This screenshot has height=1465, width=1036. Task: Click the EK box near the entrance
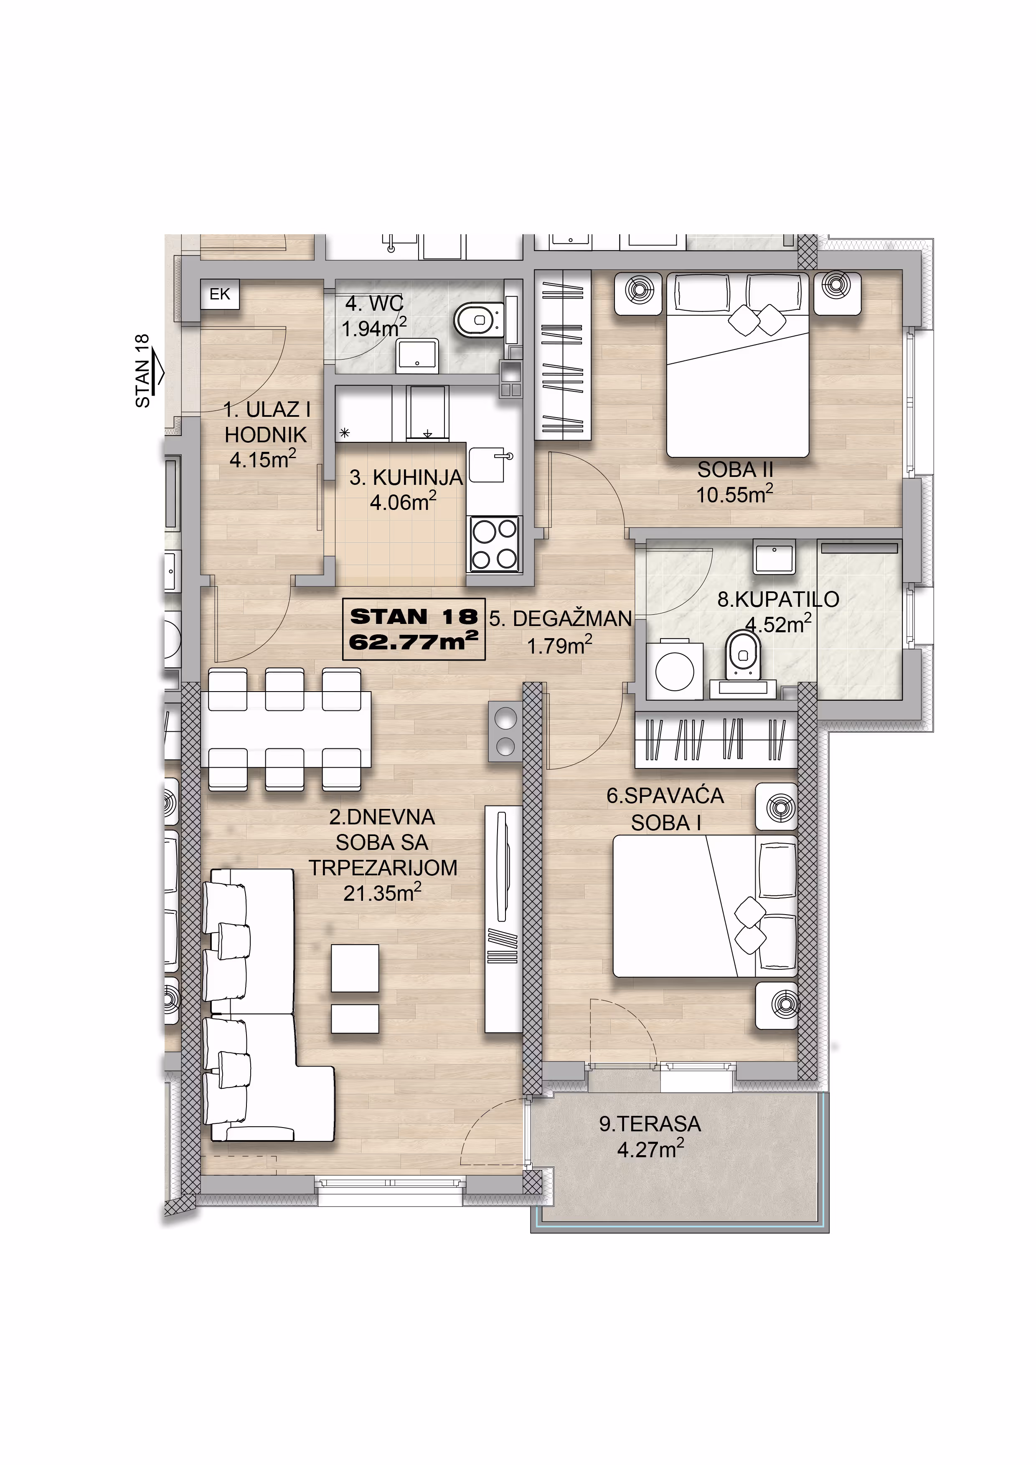tap(220, 294)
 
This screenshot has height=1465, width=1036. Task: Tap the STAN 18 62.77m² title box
tap(414, 629)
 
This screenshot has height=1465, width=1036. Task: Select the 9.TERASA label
tap(650, 1124)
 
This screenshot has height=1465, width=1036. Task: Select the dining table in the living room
tap(286, 729)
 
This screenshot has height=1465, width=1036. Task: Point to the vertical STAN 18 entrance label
tap(142, 371)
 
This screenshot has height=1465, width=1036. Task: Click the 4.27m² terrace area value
tap(650, 1149)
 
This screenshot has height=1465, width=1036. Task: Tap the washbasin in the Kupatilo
tap(774, 556)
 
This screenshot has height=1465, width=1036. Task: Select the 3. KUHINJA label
tap(406, 477)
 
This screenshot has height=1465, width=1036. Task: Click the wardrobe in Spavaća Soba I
tap(716, 740)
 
